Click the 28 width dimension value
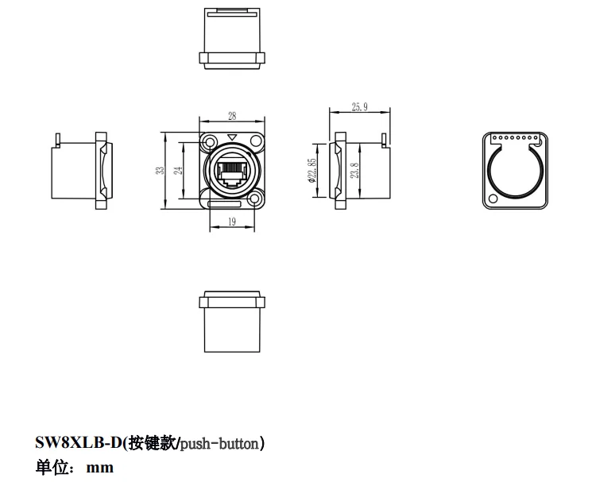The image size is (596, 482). coord(232,116)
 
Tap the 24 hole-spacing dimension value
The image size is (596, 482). coord(180,170)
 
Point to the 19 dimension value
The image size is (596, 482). coord(232,224)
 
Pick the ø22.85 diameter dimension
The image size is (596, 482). coord(314,170)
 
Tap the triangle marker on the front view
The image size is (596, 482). coord(232,139)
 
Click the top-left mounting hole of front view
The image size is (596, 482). coord(209,142)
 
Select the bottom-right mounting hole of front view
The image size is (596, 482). coord(255,201)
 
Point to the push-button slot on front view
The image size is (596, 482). coord(225,204)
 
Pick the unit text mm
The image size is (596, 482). coord(100,467)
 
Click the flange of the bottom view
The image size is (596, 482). coord(232,301)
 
